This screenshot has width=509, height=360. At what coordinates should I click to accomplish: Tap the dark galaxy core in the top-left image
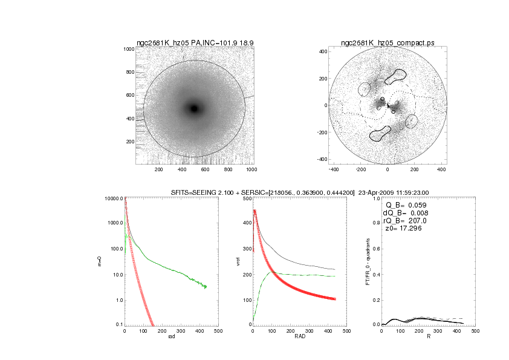194,108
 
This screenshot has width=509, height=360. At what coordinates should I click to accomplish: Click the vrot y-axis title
229,261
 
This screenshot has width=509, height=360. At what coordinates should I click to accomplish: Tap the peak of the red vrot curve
255,211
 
